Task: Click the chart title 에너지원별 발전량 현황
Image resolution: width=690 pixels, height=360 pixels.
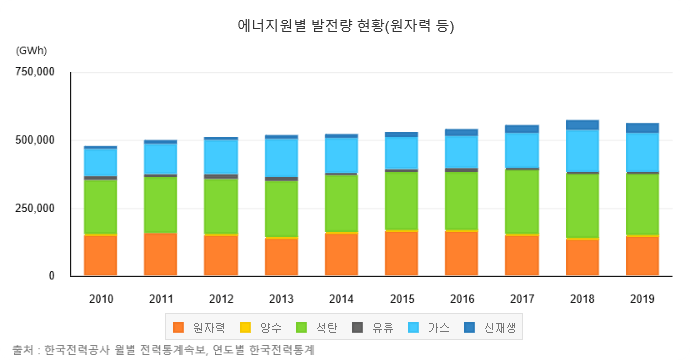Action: click(x=345, y=25)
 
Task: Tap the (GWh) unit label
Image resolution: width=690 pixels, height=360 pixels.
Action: click(x=31, y=50)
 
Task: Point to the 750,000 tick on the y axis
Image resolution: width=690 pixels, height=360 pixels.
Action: click(x=34, y=73)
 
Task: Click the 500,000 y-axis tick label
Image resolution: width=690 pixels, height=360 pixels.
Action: click(x=34, y=140)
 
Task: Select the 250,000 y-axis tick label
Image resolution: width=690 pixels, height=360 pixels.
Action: click(x=34, y=208)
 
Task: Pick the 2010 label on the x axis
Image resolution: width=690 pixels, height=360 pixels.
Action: click(x=100, y=298)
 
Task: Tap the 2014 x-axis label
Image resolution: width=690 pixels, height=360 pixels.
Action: click(x=341, y=298)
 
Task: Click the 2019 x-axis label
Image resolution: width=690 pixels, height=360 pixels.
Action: click(x=642, y=298)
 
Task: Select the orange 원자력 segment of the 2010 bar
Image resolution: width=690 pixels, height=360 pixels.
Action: click(x=100, y=255)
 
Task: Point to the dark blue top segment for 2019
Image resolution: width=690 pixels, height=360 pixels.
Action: click(x=642, y=128)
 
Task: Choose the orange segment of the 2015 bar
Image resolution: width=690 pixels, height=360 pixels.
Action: click(x=401, y=253)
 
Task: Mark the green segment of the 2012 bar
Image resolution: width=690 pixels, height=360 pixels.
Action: click(x=221, y=207)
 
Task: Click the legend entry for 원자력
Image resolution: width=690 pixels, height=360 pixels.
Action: click(x=200, y=327)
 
